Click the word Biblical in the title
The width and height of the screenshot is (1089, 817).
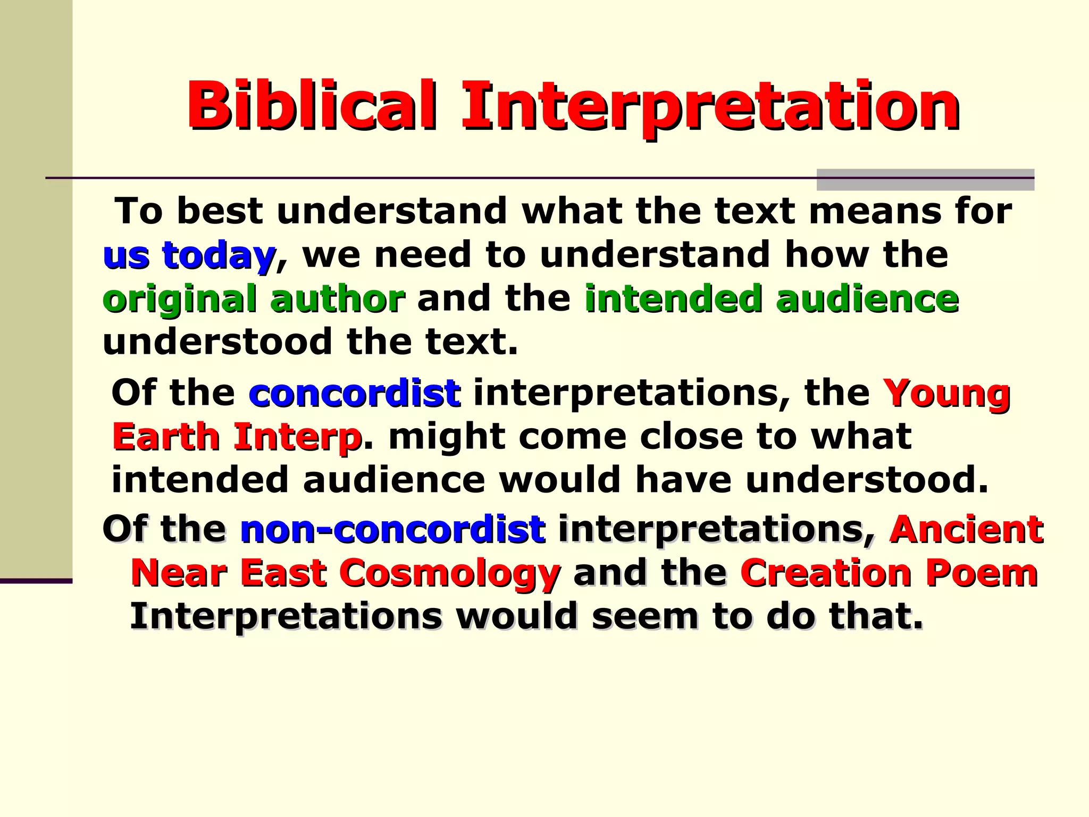tap(313, 105)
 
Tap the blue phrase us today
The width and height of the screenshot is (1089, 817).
tap(189, 255)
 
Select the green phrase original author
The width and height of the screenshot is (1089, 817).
tap(254, 298)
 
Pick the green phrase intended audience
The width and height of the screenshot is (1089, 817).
tap(772, 298)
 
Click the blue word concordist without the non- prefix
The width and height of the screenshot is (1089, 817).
tap(354, 394)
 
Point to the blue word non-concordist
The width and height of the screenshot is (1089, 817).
tap(392, 530)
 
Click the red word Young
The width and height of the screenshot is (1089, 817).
tap(946, 394)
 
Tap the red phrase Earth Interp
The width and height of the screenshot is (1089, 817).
tap(237, 437)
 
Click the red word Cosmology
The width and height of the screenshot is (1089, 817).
tap(449, 573)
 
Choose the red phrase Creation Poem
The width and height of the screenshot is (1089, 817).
tap(889, 573)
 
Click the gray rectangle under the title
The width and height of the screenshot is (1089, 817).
tap(925, 180)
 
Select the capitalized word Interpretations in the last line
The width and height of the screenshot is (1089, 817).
tap(286, 616)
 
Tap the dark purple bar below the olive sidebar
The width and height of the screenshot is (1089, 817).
tap(36, 581)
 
